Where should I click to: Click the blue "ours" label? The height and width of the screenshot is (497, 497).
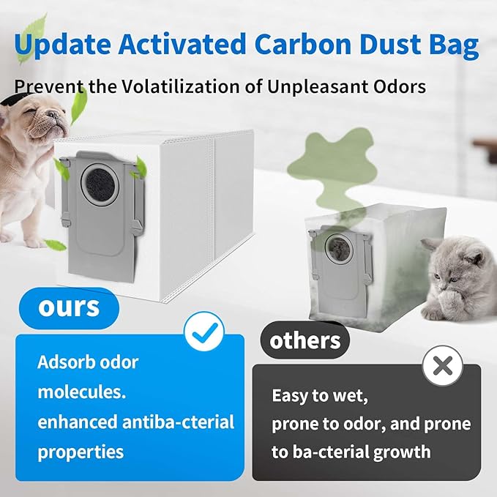[x=70, y=307]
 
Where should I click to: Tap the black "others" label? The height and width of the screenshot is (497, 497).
[x=305, y=341]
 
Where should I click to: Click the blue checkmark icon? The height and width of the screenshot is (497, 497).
[x=203, y=332]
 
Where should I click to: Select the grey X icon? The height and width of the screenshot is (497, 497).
[x=442, y=365]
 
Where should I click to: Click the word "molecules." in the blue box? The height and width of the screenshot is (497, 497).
[x=82, y=392]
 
